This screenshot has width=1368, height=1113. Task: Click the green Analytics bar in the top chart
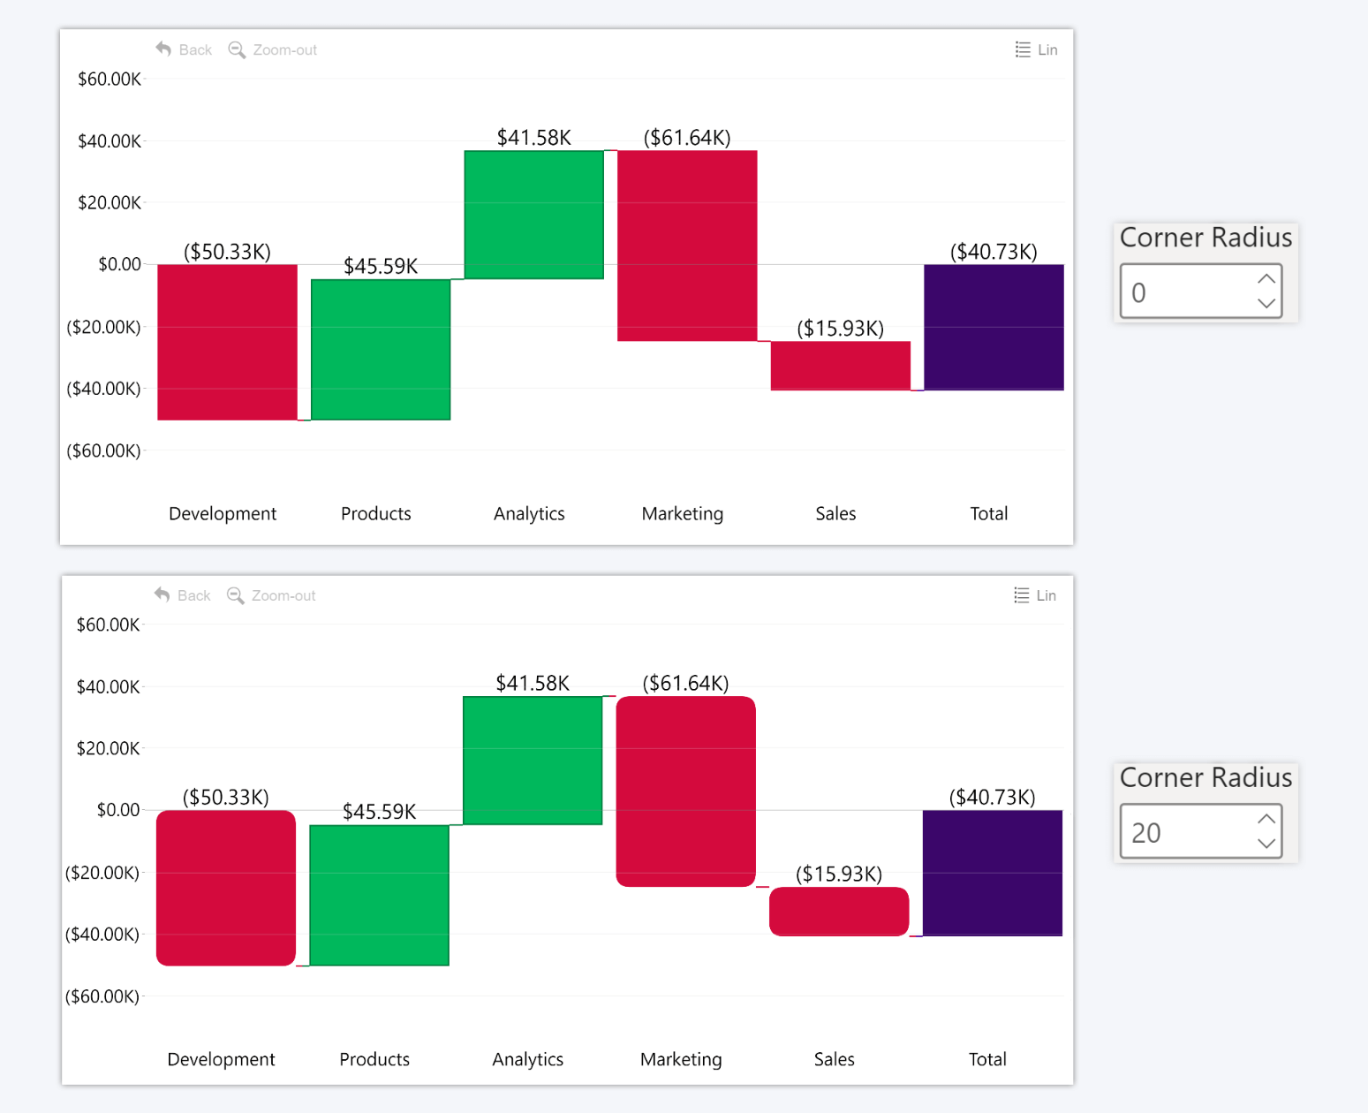(x=533, y=215)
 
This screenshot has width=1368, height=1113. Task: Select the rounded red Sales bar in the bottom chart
(x=838, y=911)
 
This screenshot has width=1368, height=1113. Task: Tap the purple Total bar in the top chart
(x=994, y=327)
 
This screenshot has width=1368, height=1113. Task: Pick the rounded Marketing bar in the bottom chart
(x=685, y=791)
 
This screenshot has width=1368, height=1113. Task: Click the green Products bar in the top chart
(x=380, y=350)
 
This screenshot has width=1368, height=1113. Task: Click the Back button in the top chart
(x=184, y=49)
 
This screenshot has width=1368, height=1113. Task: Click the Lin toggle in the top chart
(x=1037, y=49)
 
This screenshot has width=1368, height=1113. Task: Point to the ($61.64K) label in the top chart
(x=686, y=138)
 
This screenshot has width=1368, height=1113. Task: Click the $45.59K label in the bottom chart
(x=379, y=812)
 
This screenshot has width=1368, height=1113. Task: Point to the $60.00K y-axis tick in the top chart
(x=110, y=79)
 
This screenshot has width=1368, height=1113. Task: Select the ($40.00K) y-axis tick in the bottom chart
(x=102, y=935)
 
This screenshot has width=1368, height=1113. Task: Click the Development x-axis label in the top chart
(x=223, y=514)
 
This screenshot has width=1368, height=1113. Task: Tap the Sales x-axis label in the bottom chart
(x=834, y=1059)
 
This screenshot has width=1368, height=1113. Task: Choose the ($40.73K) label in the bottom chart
(x=992, y=798)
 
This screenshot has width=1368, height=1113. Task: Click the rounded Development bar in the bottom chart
(x=226, y=888)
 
